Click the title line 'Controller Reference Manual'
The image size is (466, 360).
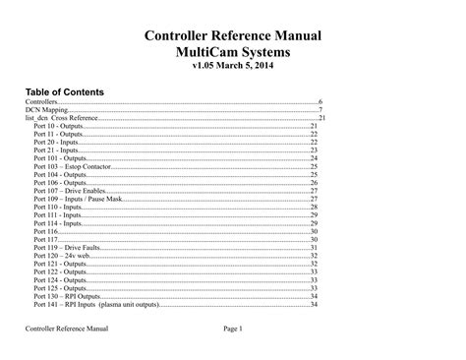tap(233, 36)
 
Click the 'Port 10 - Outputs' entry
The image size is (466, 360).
tap(58, 127)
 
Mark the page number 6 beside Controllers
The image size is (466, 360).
tap(320, 102)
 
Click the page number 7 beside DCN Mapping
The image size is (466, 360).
tap(320, 110)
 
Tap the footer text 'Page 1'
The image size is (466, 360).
tap(239, 328)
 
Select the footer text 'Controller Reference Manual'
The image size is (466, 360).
tap(68, 328)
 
